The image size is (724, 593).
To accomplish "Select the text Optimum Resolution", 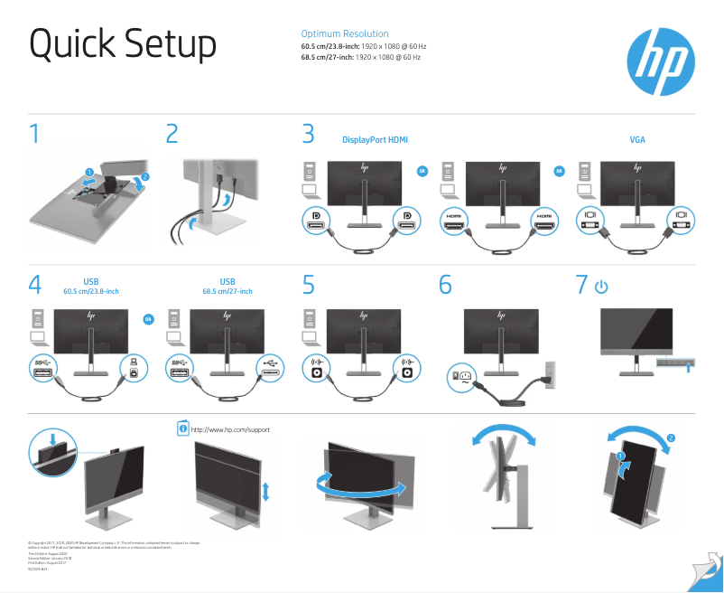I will (345, 33).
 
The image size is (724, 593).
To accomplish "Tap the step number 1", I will (34, 136).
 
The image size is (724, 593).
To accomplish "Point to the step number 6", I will (445, 285).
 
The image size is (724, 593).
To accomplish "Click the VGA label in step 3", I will (637, 140).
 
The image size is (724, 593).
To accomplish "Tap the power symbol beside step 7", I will (601, 287).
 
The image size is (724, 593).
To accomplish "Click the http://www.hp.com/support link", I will (231, 429).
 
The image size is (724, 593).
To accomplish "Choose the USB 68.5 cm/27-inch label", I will (227, 287).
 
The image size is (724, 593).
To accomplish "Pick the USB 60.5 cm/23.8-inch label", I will (91, 287).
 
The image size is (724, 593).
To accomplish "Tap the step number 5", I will (309, 285).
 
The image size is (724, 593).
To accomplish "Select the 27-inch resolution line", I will (361, 57).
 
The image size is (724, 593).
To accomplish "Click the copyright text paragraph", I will (113, 544).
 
